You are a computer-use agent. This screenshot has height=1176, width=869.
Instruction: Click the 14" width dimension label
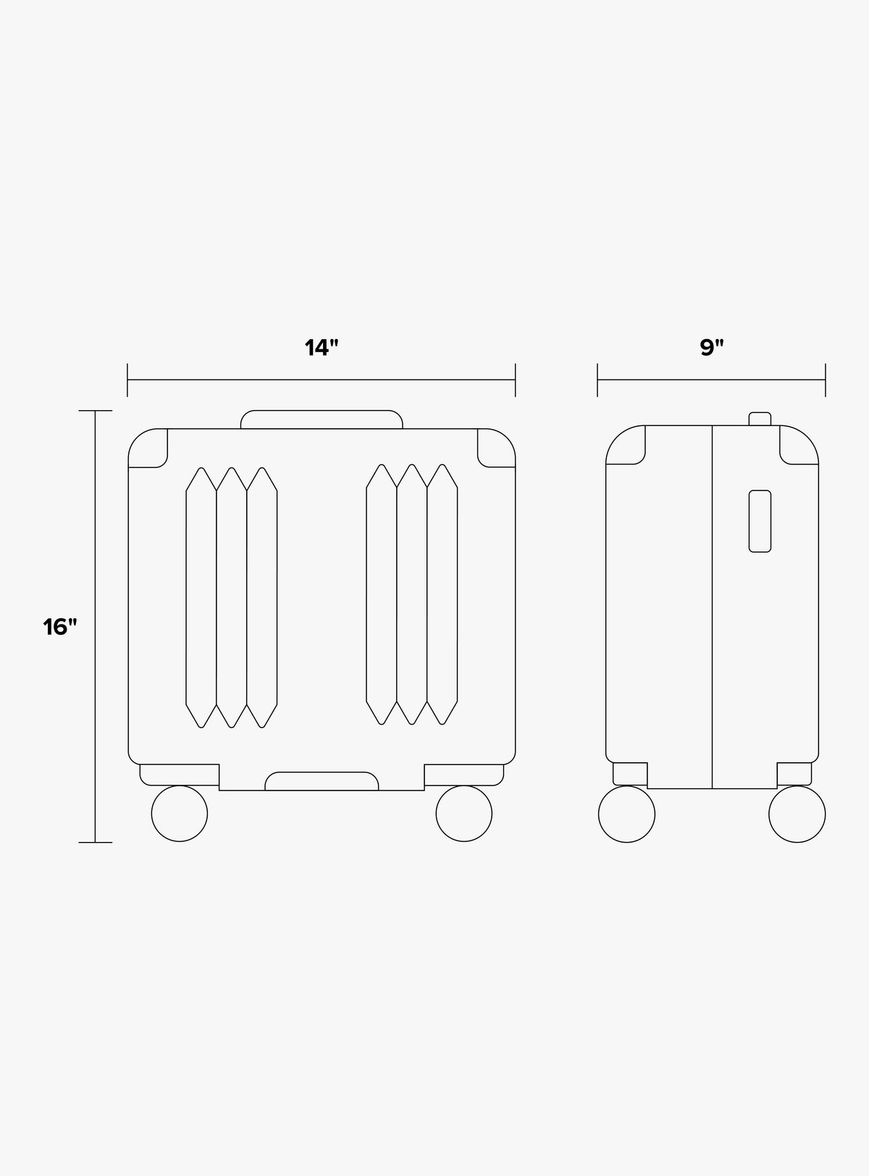point(322,348)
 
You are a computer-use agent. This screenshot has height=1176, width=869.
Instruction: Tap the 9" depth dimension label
point(712,348)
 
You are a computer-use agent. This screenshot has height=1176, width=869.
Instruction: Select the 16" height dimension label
point(59,627)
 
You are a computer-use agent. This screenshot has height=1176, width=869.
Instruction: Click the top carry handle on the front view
point(322,419)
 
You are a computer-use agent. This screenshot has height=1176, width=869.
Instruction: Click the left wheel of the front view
point(180,814)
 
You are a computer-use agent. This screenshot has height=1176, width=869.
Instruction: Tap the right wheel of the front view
point(463,814)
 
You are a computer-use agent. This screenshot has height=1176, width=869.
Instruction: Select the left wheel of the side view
point(627,814)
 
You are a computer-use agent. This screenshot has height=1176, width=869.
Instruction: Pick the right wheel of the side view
point(797,814)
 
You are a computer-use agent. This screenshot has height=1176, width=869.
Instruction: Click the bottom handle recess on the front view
point(322,781)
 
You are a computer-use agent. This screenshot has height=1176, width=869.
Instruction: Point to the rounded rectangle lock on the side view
point(760,521)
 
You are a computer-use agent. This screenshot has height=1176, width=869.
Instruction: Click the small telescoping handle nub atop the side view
point(760,418)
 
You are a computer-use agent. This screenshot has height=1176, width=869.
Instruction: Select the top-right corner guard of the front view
point(497,448)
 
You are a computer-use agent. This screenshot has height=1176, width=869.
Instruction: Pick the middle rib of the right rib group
point(412,594)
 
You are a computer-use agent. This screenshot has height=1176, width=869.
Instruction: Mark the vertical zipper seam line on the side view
point(713,609)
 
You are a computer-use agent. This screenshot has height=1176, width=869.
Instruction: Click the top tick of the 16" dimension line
point(96,411)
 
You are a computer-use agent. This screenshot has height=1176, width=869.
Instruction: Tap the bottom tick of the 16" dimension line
point(96,842)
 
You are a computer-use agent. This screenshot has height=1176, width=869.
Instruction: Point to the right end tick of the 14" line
point(515,380)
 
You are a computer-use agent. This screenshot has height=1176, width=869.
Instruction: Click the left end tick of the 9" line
point(597,380)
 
